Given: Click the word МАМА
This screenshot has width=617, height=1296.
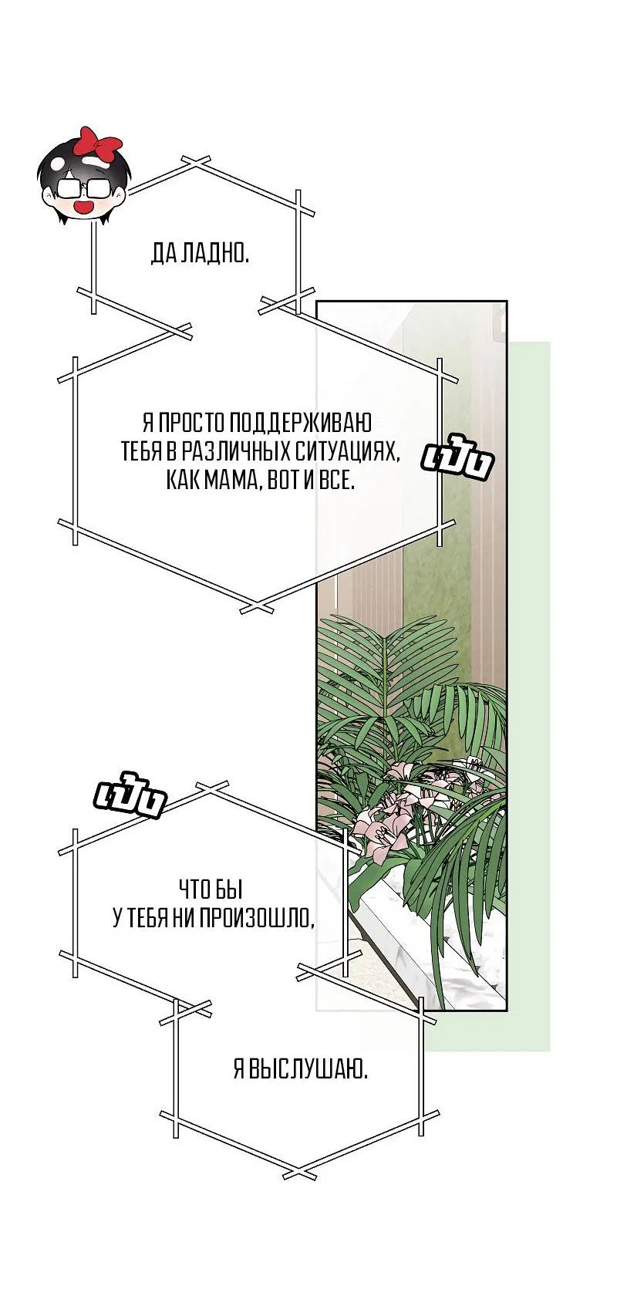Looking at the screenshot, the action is point(230,480).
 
